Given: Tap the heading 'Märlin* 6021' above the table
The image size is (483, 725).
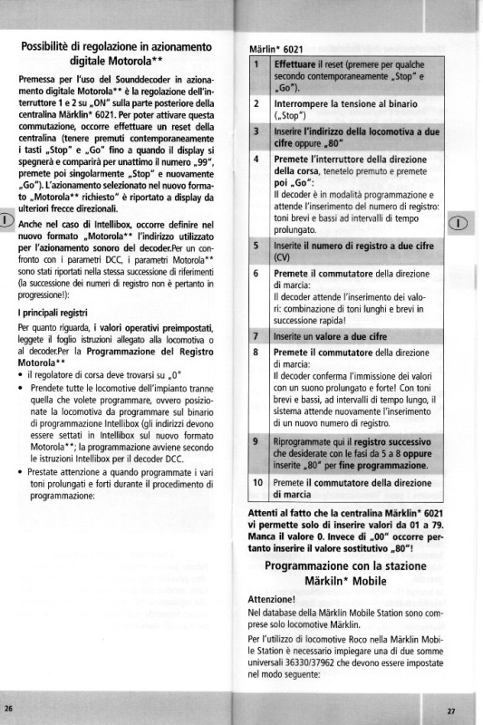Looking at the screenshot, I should click(275, 48).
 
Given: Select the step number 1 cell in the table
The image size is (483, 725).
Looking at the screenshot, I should click(256, 65).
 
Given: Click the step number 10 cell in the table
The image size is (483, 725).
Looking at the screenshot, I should click(256, 483).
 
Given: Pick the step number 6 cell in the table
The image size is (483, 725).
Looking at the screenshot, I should click(256, 273).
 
